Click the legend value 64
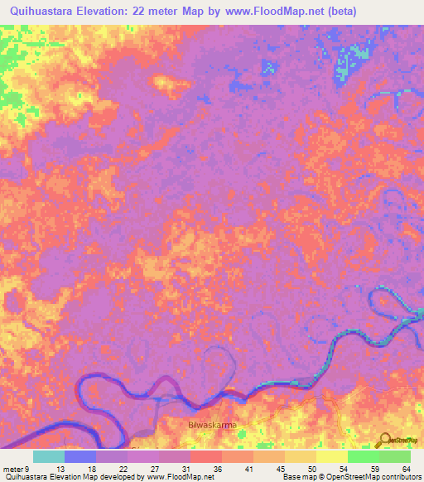pyautogui.click(x=405, y=468)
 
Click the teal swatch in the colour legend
pyautogui.click(x=49, y=456)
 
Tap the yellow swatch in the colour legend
pyautogui.click(x=331, y=456)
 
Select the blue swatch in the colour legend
pyautogui.click(x=80, y=456)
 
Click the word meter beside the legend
pyautogui.click(x=12, y=468)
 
